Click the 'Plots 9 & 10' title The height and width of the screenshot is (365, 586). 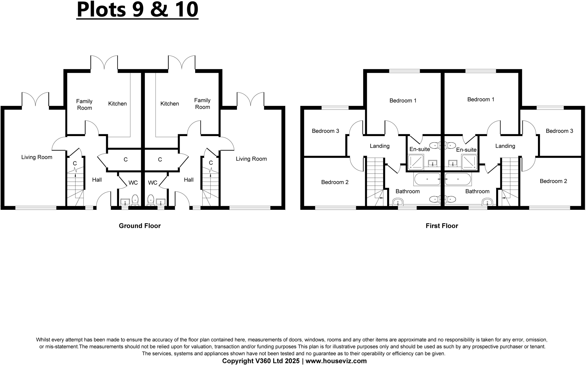[x=137, y=10]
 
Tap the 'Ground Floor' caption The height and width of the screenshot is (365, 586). [x=140, y=226]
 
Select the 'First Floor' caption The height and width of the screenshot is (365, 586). [x=442, y=226]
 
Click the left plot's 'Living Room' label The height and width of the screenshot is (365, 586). [x=37, y=157]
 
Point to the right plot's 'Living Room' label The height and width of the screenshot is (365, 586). [x=251, y=159]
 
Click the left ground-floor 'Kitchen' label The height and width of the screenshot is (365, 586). [x=117, y=104]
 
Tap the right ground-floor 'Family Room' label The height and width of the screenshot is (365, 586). [x=202, y=104]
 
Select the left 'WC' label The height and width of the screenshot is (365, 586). [x=133, y=183]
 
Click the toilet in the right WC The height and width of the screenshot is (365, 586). [x=151, y=200]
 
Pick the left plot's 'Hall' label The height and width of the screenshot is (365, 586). [x=97, y=180]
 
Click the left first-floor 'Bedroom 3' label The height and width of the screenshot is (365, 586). [x=325, y=131]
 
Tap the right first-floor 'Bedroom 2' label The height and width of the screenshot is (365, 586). [x=553, y=181]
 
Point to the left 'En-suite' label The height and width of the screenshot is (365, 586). [x=419, y=149]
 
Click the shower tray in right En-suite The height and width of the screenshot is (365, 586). [x=469, y=162]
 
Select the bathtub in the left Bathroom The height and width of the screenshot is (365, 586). [x=427, y=179]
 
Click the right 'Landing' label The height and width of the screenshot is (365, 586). [x=505, y=146]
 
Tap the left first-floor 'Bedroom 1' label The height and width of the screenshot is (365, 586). [x=403, y=101]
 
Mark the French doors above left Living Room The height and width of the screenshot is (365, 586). [x=35, y=99]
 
